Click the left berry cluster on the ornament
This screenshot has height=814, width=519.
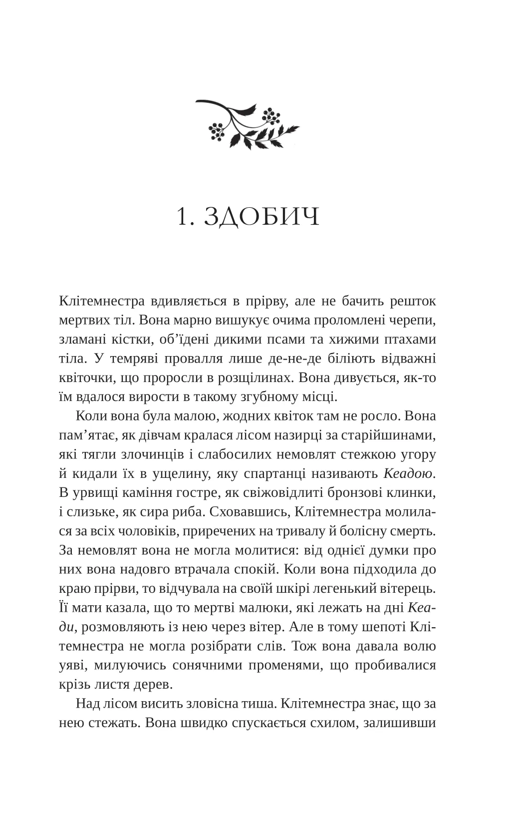[217, 131]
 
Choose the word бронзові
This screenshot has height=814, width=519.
[344, 492]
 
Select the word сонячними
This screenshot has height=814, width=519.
[212, 665]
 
